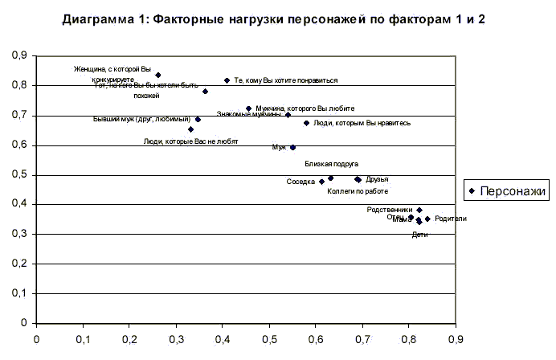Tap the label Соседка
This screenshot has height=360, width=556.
coord(300,182)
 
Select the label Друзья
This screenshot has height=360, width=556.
coord(377,179)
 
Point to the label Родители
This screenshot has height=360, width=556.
coord(450,219)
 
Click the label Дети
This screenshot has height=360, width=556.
coord(419,235)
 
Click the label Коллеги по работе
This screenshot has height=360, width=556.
coord(358,191)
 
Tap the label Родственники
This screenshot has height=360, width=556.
coord(389,210)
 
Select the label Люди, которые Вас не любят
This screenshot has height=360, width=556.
coord(190,141)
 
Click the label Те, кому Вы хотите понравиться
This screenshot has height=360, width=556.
coord(285,80)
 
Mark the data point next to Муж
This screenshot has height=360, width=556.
coord(292,147)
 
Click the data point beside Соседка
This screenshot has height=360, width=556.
coord(321,182)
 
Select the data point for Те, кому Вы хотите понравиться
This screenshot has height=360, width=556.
coord(227,80)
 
